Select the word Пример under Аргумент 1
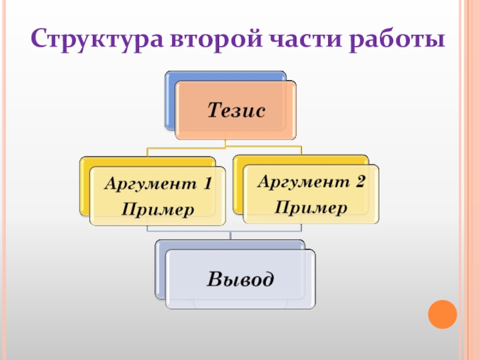pyautogui.click(x=158, y=210)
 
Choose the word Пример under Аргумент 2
pyautogui.click(x=311, y=208)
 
